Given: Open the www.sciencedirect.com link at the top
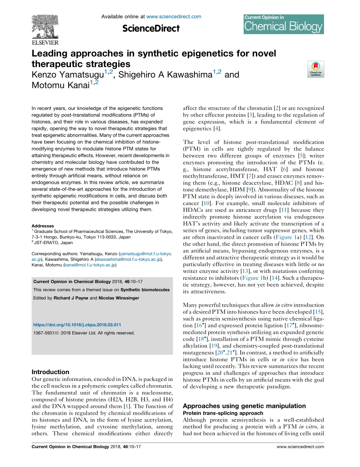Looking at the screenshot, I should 174,17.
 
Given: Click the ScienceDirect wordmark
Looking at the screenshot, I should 151,28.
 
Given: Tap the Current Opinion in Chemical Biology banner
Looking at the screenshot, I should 283,24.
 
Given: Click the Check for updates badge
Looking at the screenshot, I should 316,69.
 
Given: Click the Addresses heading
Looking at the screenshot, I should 43,226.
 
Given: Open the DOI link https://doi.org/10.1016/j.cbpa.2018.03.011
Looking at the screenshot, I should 77,325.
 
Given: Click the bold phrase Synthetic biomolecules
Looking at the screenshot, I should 145,290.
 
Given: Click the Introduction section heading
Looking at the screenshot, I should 50,372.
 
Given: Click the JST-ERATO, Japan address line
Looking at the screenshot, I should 53,243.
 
